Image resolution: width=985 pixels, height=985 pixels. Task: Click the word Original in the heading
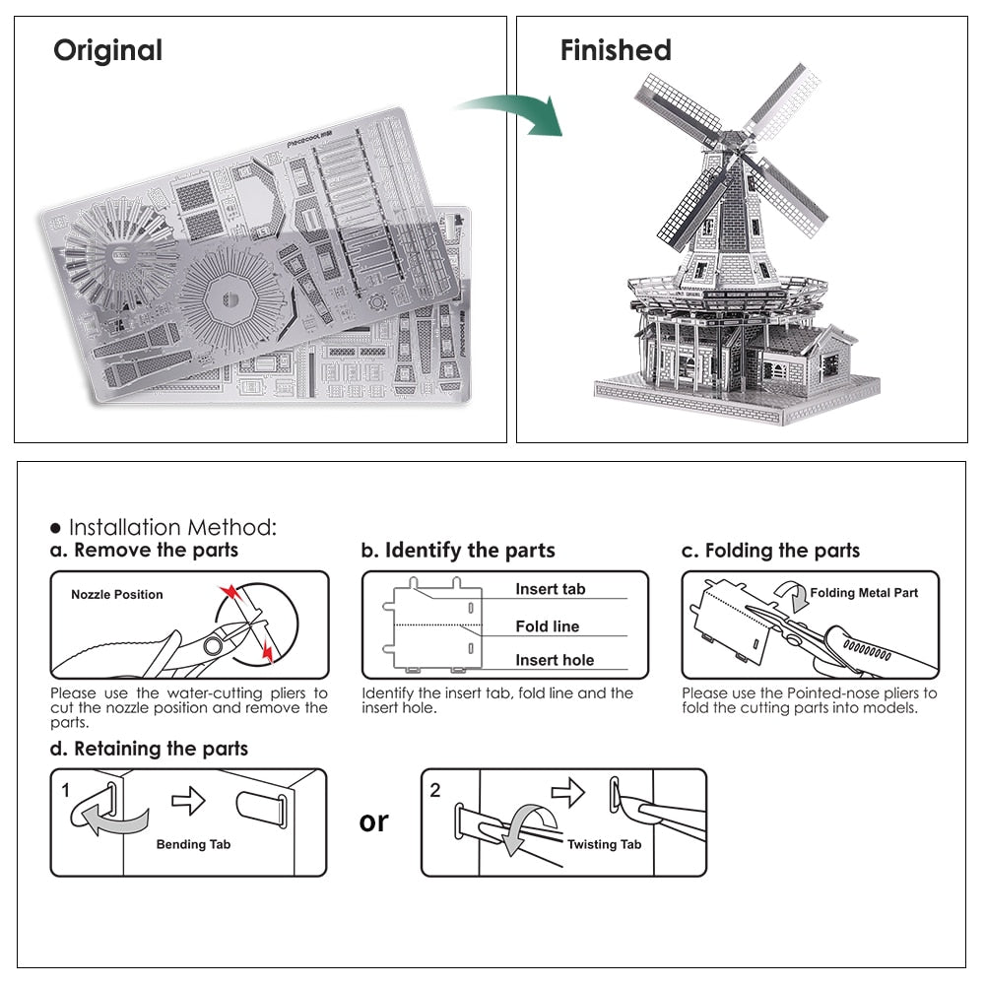click(x=107, y=50)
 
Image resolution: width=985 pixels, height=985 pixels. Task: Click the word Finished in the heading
click(x=616, y=50)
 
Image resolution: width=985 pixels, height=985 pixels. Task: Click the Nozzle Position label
click(x=117, y=595)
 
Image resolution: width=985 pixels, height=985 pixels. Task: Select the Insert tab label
click(x=550, y=589)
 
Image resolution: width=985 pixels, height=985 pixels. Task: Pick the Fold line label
click(x=548, y=626)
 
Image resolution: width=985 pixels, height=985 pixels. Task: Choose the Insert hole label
click(x=555, y=660)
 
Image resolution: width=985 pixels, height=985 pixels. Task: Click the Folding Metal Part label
click(x=864, y=593)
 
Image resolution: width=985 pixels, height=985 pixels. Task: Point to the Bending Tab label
click(x=195, y=844)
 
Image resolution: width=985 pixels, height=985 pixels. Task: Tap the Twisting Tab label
click(x=604, y=844)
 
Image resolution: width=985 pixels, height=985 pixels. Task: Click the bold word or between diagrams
click(x=374, y=821)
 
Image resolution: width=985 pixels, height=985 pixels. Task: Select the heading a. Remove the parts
click(x=145, y=550)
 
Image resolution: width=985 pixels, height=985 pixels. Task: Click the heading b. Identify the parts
click(x=458, y=550)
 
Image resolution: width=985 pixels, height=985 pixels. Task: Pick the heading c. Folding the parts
click(x=770, y=550)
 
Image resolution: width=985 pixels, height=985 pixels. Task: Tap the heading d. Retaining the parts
click(x=149, y=749)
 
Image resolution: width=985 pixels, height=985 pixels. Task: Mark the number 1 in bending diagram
click(x=65, y=790)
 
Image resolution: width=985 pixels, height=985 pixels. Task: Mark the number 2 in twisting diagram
click(x=435, y=790)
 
